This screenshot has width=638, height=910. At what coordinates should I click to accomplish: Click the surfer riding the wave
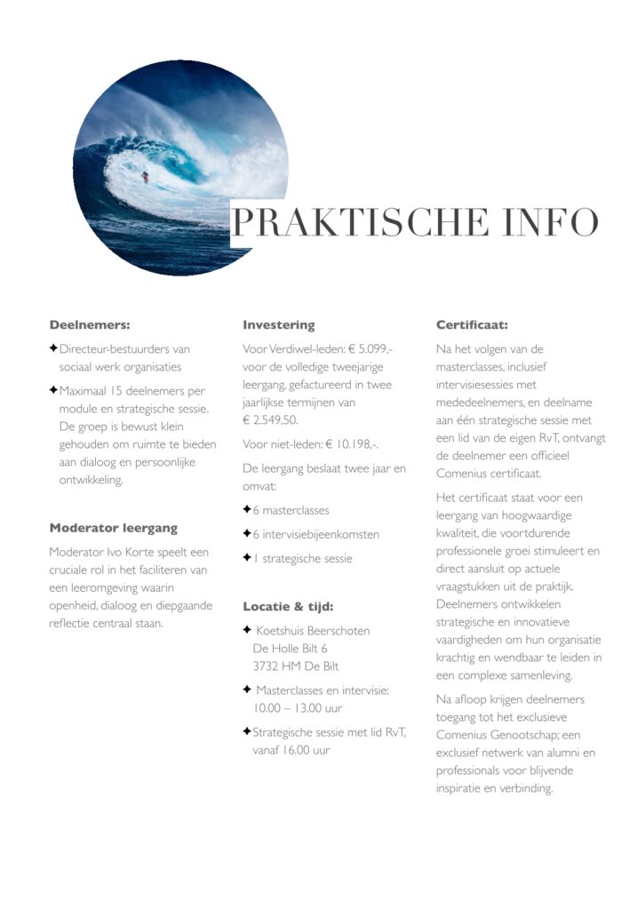click(145, 176)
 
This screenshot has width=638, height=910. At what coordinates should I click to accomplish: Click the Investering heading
click(278, 325)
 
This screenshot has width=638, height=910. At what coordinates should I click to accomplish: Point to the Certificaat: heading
click(472, 325)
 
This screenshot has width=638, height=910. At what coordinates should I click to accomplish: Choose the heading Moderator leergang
click(113, 528)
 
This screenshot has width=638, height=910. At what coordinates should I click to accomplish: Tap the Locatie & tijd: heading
click(288, 607)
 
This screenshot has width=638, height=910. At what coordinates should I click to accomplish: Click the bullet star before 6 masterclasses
click(246, 510)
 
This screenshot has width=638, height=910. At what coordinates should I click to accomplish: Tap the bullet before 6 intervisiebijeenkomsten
click(246, 534)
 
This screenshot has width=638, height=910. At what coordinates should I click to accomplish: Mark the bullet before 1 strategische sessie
click(246, 558)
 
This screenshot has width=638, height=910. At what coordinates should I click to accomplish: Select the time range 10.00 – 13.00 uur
click(298, 708)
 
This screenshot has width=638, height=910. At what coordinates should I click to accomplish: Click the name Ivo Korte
click(121, 552)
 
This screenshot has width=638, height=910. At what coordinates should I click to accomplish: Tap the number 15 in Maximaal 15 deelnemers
click(120, 391)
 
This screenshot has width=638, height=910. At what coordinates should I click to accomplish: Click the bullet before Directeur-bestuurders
click(53, 349)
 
